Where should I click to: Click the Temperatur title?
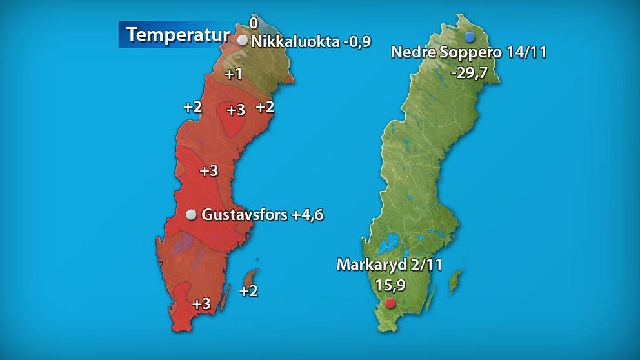[x=177, y=34]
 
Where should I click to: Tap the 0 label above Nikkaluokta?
[x=254, y=23]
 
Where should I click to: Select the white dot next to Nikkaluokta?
[x=243, y=41]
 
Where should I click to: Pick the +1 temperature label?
[x=233, y=74]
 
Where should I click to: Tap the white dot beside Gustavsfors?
[x=191, y=215]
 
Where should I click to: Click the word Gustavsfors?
[x=245, y=215]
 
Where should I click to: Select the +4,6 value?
[x=307, y=215]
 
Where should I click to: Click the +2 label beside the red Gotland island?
[x=248, y=291]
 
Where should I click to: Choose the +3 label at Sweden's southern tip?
[x=202, y=303]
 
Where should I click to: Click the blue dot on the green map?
[x=469, y=35]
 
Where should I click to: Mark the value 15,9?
[x=390, y=285]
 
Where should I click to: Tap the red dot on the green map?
[x=389, y=303]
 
